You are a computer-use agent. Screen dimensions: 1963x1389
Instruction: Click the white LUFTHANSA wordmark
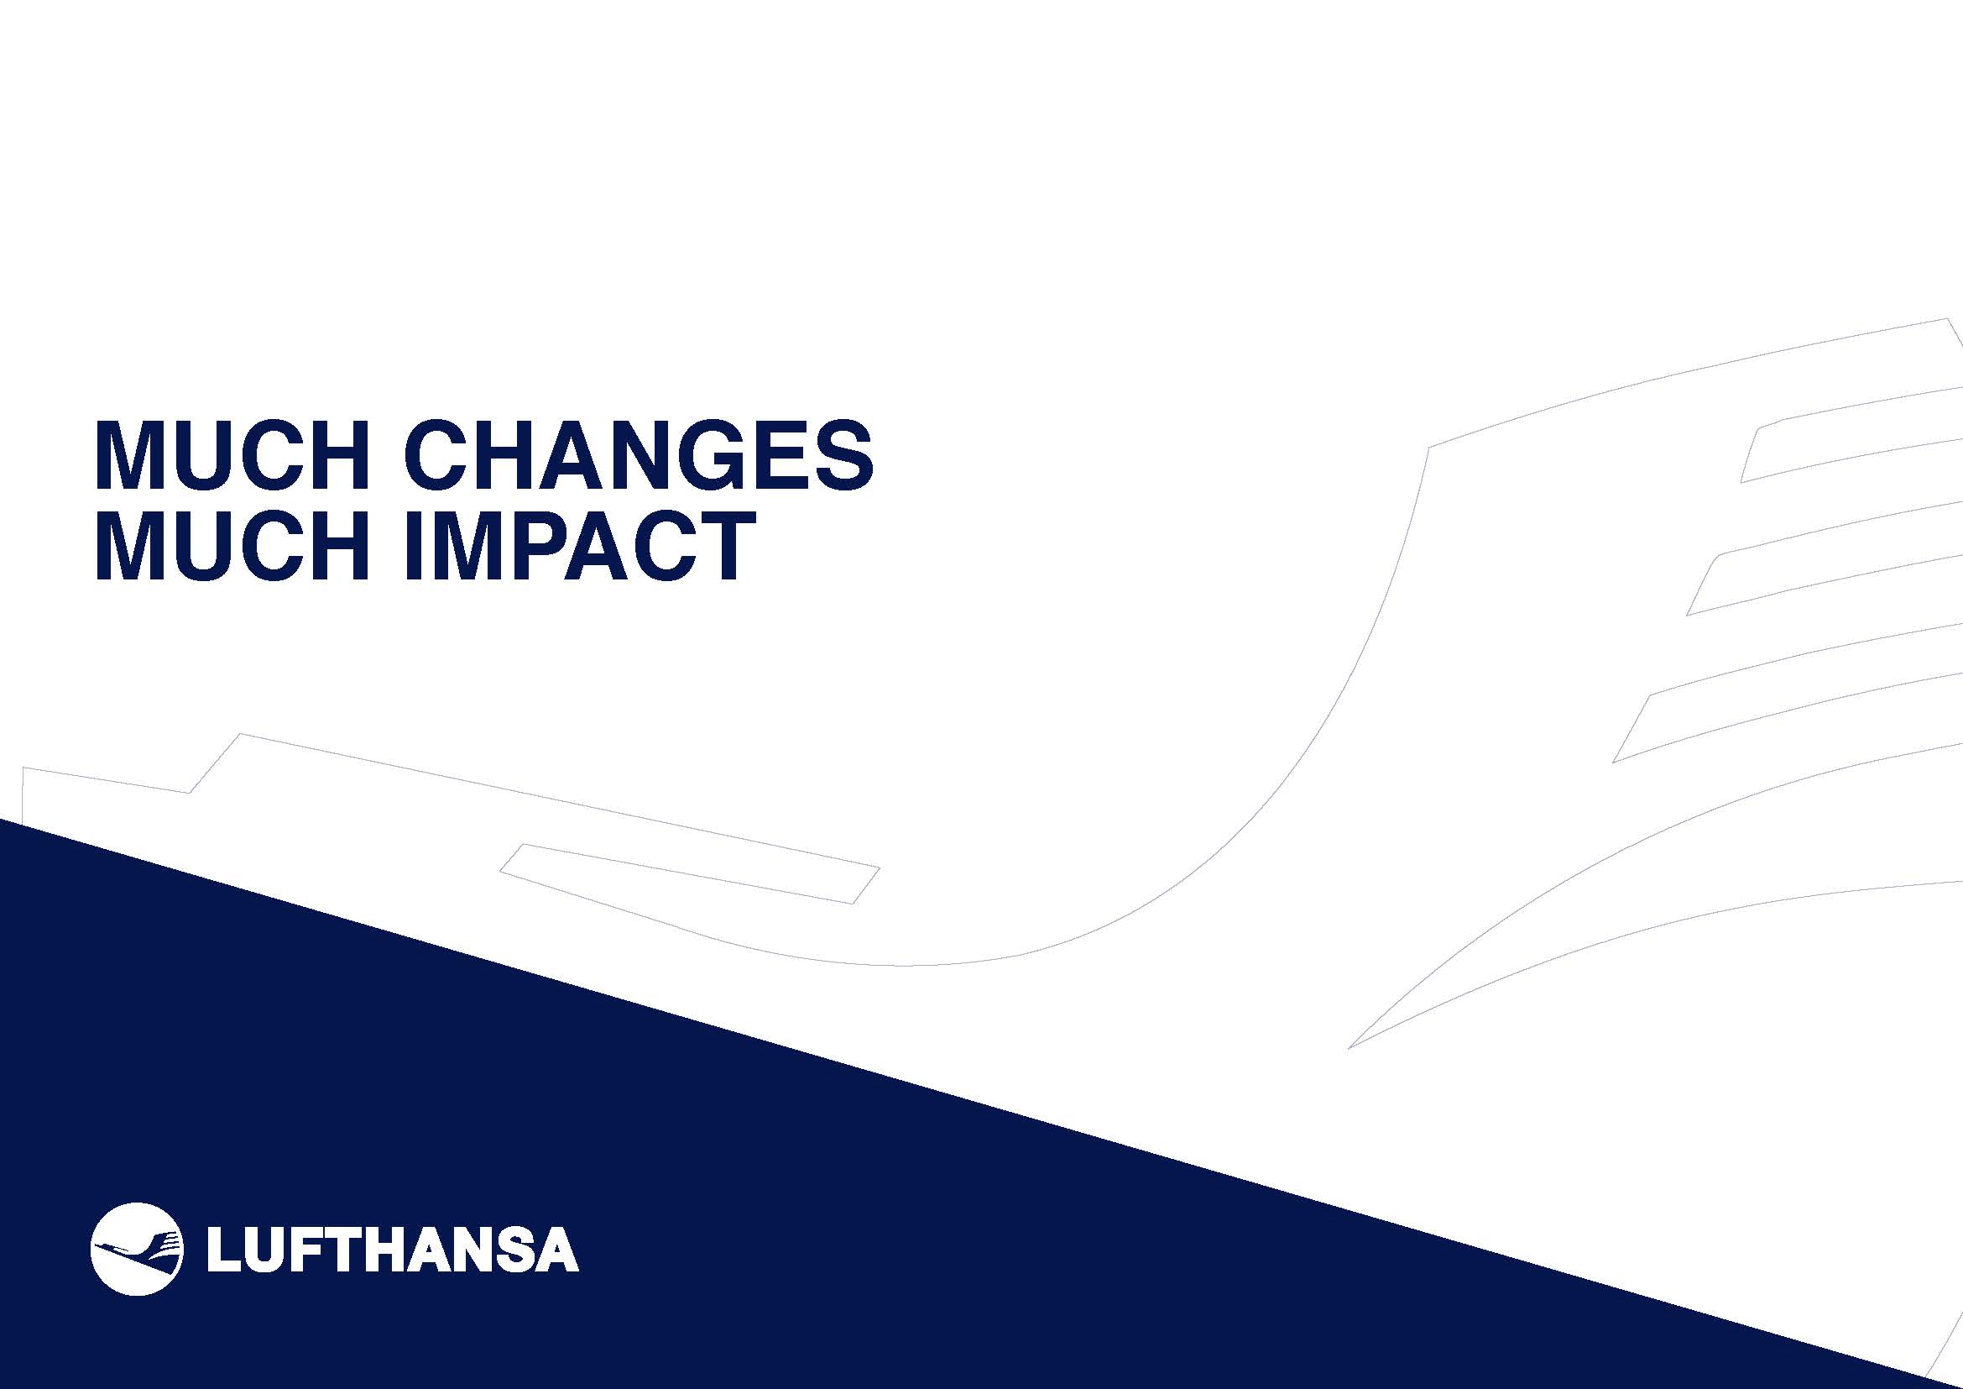[393, 1250]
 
